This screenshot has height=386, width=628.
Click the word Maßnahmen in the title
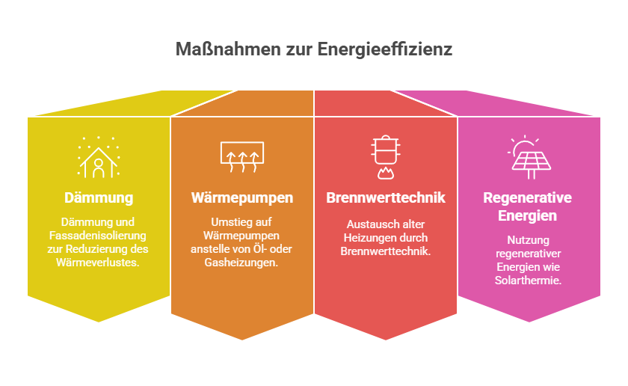(228, 49)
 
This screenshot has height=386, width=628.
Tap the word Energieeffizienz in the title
(385, 49)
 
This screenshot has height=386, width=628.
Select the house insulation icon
(99, 158)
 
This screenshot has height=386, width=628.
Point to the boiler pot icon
(385, 157)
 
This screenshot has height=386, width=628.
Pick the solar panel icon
(529, 157)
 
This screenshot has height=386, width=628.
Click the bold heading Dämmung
(99, 198)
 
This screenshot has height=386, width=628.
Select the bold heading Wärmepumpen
(242, 198)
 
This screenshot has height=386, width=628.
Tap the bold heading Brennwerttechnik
(386, 197)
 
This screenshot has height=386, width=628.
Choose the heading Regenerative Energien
(528, 206)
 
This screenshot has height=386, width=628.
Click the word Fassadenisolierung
(98, 236)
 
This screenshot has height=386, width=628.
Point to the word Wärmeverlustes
(98, 263)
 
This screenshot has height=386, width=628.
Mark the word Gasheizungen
(241, 263)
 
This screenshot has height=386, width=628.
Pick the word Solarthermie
(528, 281)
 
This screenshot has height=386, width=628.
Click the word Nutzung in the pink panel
(528, 240)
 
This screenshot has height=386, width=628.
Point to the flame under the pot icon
(385, 173)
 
